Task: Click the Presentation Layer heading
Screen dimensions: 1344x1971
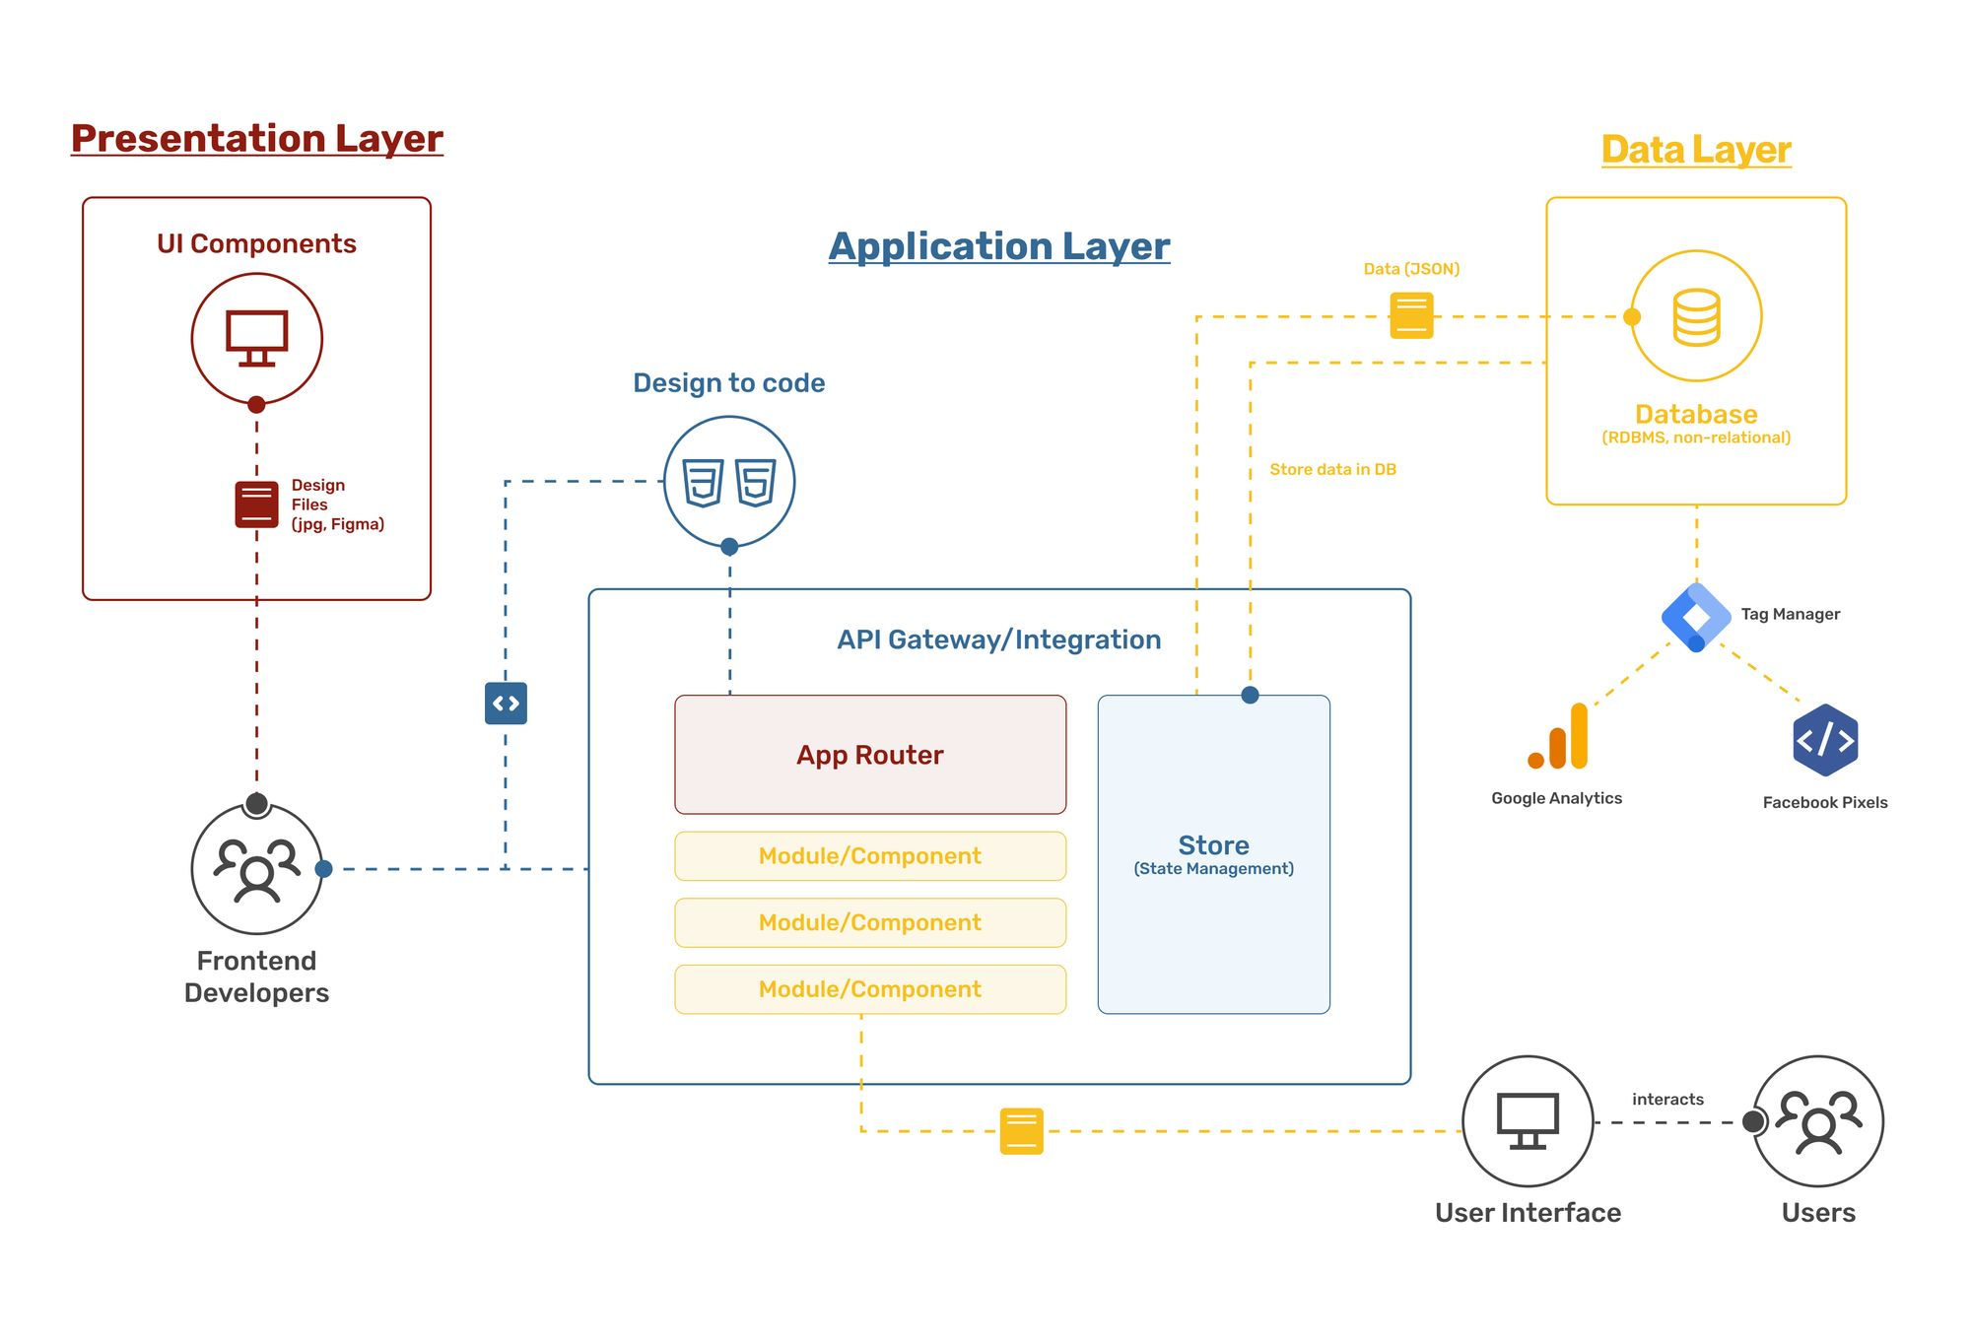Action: [256, 138]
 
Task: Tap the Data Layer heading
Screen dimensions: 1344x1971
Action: [1695, 150]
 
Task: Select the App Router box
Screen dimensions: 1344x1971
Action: [869, 755]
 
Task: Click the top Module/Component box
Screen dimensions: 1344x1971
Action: [869, 855]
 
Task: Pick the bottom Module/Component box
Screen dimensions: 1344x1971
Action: [869, 988]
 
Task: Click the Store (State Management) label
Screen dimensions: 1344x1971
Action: [1213, 853]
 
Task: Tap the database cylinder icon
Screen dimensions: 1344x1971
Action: [1696, 316]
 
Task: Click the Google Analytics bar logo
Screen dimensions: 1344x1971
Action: [1560, 737]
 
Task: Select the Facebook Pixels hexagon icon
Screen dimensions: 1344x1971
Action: [1825, 740]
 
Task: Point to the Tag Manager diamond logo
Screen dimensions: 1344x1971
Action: [1695, 617]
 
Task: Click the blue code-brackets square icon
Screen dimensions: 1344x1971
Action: [506, 703]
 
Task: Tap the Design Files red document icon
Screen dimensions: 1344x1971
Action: [256, 504]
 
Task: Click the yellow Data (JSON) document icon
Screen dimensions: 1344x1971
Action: [1411, 315]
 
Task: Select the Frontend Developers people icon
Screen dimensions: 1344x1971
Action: [256, 869]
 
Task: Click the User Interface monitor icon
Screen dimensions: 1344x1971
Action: [1527, 1121]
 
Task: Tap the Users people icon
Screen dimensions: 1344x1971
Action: [1818, 1121]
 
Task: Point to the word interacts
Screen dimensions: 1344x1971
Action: [1667, 1099]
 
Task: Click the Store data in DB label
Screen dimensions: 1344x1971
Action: [1332, 469]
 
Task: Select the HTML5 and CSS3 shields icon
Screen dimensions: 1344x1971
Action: [729, 482]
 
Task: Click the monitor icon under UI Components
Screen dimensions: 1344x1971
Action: [256, 338]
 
